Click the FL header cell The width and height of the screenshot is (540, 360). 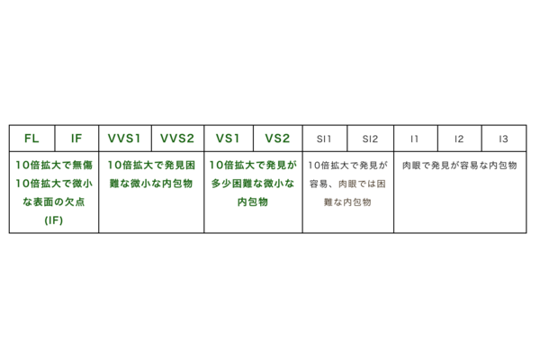coord(31,139)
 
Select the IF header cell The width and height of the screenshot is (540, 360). coord(76,139)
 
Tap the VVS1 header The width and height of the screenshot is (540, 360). coord(125,139)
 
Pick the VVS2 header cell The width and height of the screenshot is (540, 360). coord(177,139)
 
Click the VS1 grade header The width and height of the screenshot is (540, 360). coord(228,139)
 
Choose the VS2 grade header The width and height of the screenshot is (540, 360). coord(277,139)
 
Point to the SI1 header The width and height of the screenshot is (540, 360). coord(324,139)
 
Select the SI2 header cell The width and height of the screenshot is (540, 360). coord(371,139)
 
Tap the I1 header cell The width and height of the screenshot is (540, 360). coord(415,139)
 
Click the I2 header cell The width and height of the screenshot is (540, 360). coord(459,139)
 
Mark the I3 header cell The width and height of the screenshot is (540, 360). coord(503,139)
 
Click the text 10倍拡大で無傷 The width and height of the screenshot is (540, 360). coord(53,166)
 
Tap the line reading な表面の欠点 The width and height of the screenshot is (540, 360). coord(53,202)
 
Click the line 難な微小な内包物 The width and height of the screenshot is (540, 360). coord(150,184)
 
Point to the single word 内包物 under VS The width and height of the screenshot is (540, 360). coord(252,202)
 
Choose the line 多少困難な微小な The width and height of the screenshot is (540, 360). coord(252,184)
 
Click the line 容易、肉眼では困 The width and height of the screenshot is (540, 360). coord(347,184)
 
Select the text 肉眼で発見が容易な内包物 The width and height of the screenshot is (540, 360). coord(459,166)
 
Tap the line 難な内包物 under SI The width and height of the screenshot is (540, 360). coord(347,202)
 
